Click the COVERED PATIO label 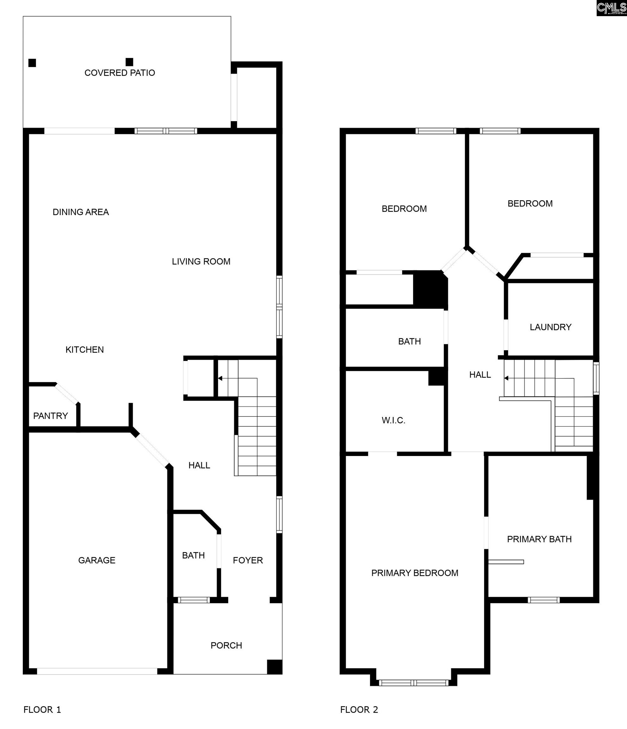[x=119, y=73]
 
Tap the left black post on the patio [x=32, y=63]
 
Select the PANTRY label [x=50, y=416]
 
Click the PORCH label [x=226, y=645]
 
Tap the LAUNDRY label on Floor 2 [x=551, y=327]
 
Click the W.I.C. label [x=394, y=421]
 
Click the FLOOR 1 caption [x=42, y=710]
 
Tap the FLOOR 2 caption [x=359, y=710]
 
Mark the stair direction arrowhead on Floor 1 [x=220, y=378]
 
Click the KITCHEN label [x=85, y=350]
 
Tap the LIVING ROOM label [x=201, y=261]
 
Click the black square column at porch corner [x=275, y=667]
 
